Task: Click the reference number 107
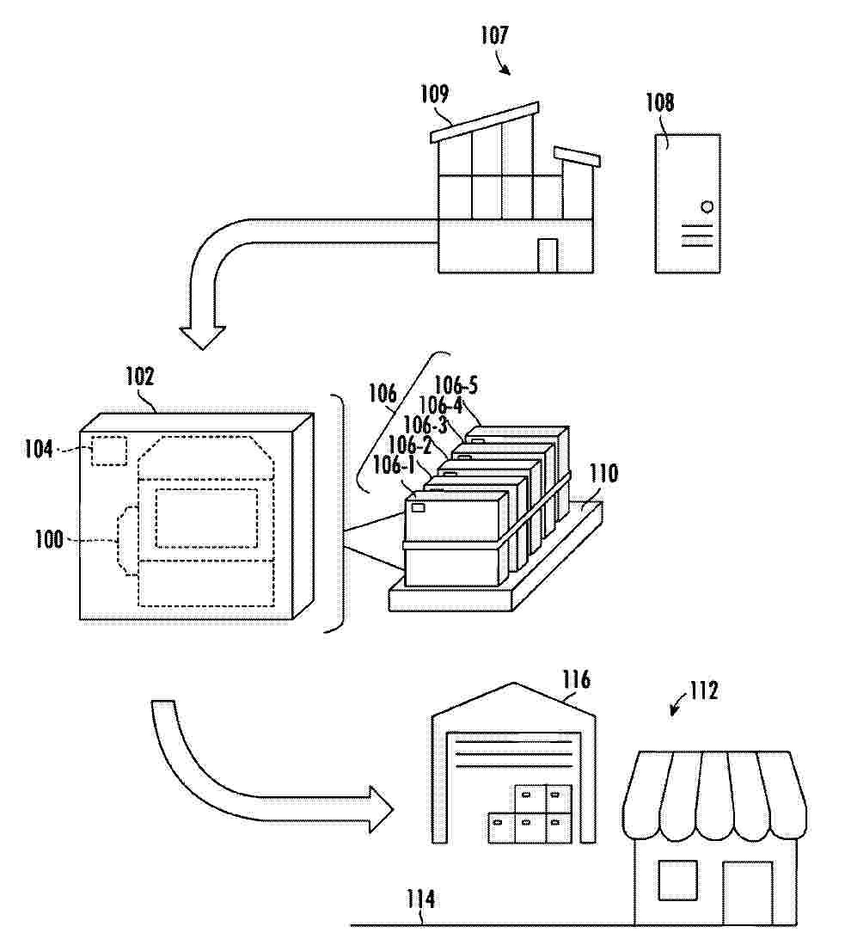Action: point(494,35)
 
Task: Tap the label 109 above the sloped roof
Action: point(434,94)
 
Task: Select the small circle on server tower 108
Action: point(707,206)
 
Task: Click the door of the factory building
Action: point(548,255)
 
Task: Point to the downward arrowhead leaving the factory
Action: point(203,337)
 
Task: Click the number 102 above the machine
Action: point(140,377)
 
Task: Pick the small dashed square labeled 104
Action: point(109,451)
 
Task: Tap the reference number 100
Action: point(49,539)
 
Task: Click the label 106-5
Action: point(456,385)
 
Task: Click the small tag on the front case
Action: point(418,507)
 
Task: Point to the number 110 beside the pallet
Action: point(603,473)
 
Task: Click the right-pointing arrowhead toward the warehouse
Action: point(381,809)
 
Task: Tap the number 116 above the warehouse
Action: point(577,680)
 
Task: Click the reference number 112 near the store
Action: point(704,690)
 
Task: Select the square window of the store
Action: point(677,881)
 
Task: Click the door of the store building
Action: point(747,893)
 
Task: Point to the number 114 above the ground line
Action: point(420,899)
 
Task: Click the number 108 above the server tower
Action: point(660,102)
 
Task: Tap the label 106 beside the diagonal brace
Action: point(383,394)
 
